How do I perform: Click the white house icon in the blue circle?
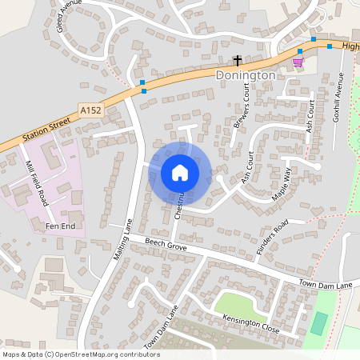click(x=180, y=173)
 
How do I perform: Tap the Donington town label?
click(x=246, y=74)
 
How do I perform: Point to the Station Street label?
click(x=47, y=130)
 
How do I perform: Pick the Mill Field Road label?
click(x=38, y=183)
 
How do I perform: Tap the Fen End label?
click(x=58, y=227)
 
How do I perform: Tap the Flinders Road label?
click(x=271, y=237)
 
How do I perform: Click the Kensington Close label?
click(x=251, y=324)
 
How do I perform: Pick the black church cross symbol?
click(x=237, y=60)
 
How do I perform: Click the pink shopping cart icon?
click(x=298, y=62)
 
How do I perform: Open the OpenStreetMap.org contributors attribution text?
click(x=80, y=354)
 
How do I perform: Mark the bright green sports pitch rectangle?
click(x=319, y=323)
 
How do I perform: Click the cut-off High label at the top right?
click(x=350, y=46)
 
